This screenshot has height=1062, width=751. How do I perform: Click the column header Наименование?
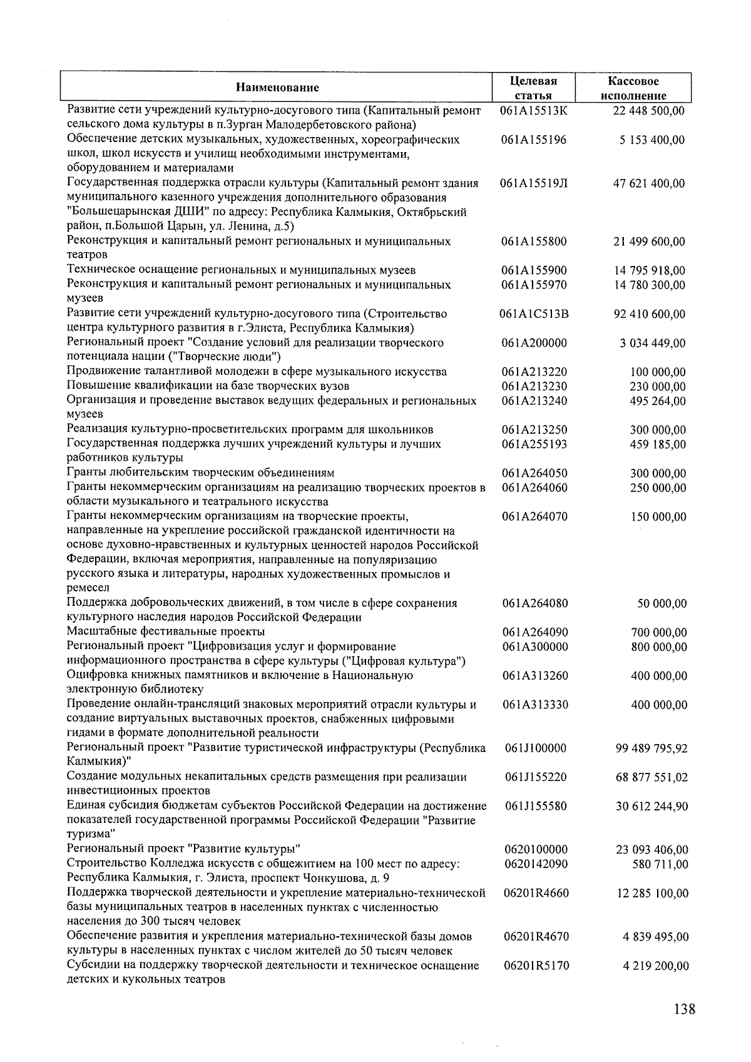pyautogui.click(x=277, y=88)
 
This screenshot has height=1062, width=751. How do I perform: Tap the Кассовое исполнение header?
pyautogui.click(x=633, y=88)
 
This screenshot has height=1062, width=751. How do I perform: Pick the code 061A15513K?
pyautogui.click(x=534, y=111)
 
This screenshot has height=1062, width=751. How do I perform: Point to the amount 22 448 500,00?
pyautogui.click(x=648, y=111)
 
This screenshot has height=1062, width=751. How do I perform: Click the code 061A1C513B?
pyautogui.click(x=534, y=314)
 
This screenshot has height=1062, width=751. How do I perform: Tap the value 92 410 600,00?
pyautogui.click(x=649, y=314)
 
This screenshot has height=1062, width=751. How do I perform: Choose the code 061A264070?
pyautogui.click(x=535, y=516)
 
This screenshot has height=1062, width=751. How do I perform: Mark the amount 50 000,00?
pyautogui.click(x=662, y=603)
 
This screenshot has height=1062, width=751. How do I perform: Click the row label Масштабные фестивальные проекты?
pyautogui.click(x=166, y=631)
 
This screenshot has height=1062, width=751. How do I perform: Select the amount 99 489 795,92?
pyautogui.click(x=651, y=748)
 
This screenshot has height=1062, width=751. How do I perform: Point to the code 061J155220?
pyautogui.click(x=536, y=777)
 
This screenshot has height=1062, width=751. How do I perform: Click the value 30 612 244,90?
pyautogui.click(x=651, y=806)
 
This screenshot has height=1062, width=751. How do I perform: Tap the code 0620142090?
pyautogui.click(x=536, y=864)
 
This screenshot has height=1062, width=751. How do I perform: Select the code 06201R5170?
pyautogui.click(x=536, y=966)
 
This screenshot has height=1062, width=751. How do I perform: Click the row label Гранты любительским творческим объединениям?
pyautogui.click(x=200, y=472)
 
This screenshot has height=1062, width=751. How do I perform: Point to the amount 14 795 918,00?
pyautogui.click(x=649, y=270)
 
